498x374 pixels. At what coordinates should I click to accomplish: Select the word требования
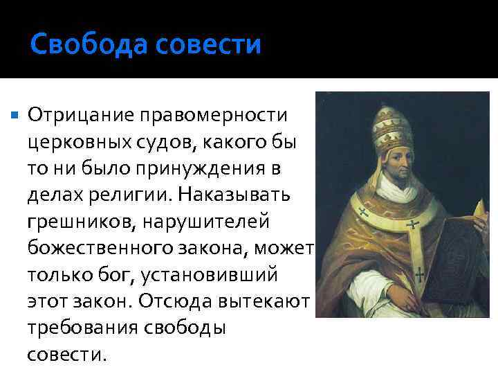(82, 328)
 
